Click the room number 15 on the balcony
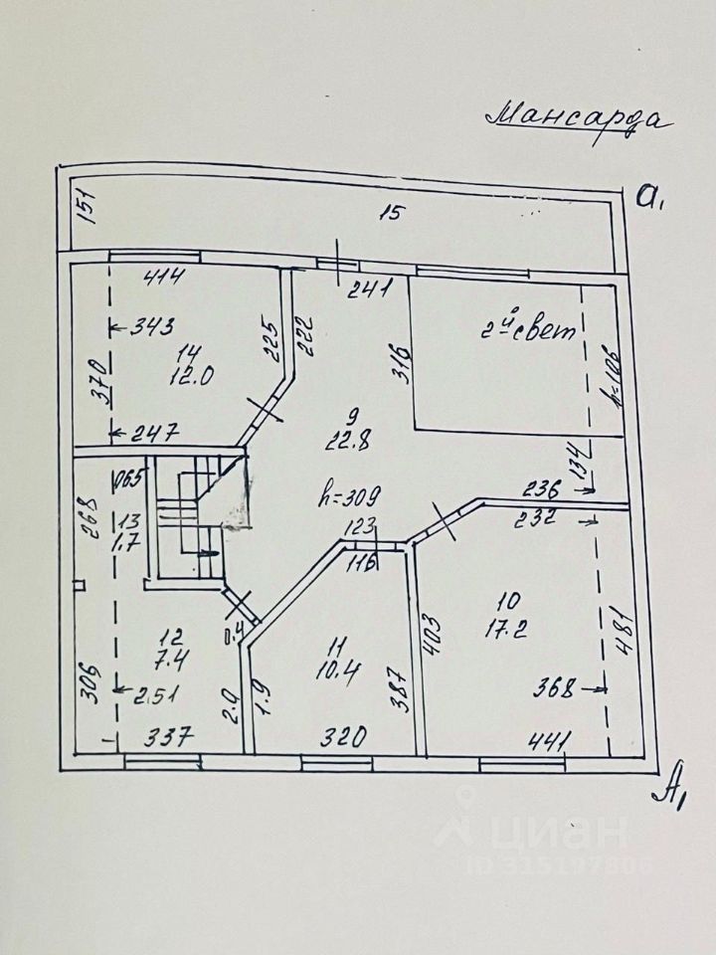point(393,212)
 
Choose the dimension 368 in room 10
point(554,687)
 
